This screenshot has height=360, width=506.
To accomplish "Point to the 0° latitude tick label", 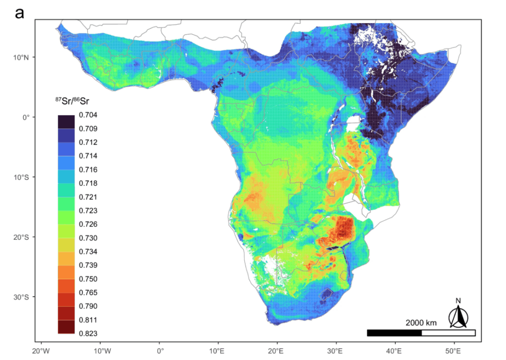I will [25, 117].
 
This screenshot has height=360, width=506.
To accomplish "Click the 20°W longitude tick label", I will [42, 351].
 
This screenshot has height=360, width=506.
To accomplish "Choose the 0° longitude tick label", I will [160, 351].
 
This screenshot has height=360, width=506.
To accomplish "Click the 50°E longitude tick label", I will [454, 351].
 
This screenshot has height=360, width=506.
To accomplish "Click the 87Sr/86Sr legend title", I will [75, 101].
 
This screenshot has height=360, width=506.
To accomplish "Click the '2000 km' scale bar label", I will [421, 323].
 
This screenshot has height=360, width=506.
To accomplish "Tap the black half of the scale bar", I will [394, 333].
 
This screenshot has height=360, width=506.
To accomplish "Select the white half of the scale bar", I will [448, 333].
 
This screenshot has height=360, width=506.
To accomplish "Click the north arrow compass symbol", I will [459, 317].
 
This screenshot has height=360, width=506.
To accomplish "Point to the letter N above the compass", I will [459, 301].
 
